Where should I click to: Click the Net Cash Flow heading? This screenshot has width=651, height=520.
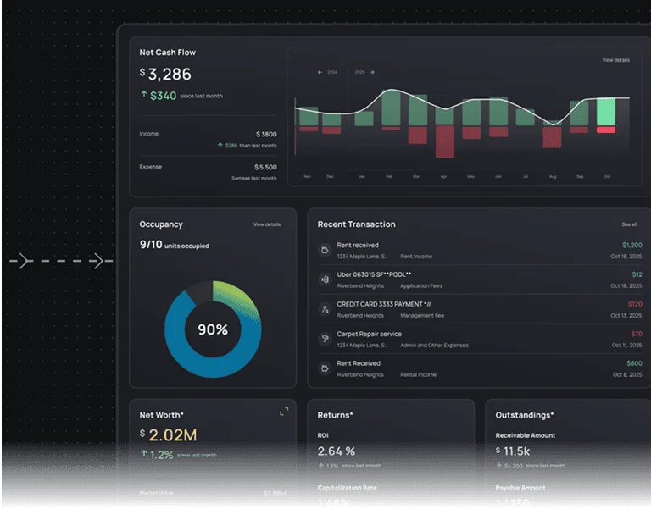point(167,53)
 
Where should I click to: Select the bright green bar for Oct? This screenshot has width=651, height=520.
point(605,112)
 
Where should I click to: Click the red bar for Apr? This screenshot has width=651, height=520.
point(444,141)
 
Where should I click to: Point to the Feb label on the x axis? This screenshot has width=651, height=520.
point(389,177)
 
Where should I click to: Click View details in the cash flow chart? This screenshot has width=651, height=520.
point(615,60)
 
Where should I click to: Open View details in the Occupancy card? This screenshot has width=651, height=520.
point(266,224)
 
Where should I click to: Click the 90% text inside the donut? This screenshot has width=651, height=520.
point(213,329)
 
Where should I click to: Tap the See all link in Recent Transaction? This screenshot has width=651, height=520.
point(629,224)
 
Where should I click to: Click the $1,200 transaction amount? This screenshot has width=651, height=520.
point(632,245)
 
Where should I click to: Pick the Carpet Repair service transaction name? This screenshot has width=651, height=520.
point(369,334)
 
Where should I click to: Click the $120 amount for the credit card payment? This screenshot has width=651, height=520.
point(635,304)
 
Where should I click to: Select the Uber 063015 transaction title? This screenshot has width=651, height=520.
point(374,274)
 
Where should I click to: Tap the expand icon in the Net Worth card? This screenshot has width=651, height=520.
point(284,412)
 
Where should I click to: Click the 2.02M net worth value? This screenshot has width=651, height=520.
point(173,435)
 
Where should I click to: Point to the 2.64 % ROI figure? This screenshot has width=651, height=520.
point(337,451)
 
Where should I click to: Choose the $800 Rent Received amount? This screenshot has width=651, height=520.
point(634,363)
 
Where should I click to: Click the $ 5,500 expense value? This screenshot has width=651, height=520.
point(265,168)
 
